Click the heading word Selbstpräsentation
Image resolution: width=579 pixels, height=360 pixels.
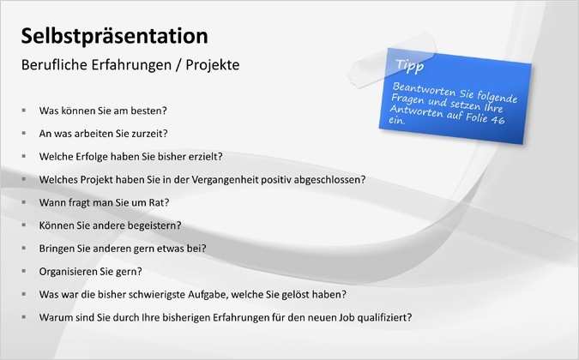click(x=114, y=36)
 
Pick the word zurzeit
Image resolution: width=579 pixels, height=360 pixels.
click(x=148, y=134)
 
